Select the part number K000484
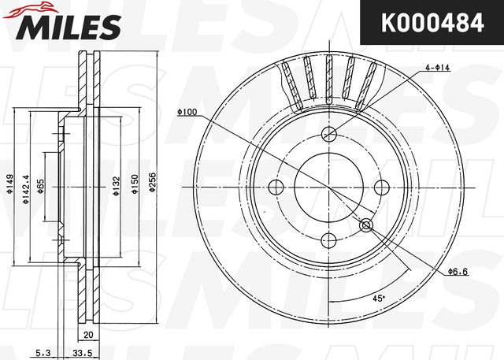(432, 23)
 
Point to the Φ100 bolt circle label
(187, 112)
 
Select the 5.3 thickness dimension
(43, 354)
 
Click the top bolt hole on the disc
(329, 133)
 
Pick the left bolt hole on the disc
(276, 187)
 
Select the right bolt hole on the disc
(383, 187)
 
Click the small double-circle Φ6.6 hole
(366, 226)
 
